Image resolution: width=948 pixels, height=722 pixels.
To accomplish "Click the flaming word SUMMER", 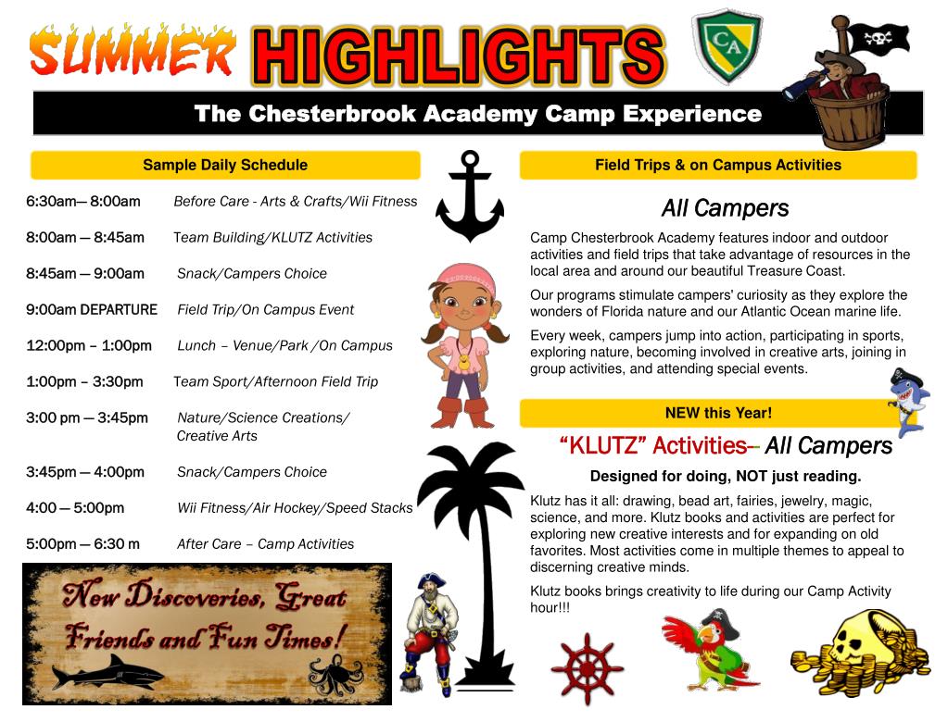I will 132,52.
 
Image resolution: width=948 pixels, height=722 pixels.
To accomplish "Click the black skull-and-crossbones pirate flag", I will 878,38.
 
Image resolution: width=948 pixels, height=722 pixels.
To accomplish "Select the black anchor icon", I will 469,196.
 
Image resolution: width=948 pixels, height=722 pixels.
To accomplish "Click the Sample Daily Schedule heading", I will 225,166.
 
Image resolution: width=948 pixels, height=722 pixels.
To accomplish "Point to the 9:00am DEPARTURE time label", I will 92,309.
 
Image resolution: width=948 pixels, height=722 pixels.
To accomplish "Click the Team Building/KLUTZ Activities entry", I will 273,238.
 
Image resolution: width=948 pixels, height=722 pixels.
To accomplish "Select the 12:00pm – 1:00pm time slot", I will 89,345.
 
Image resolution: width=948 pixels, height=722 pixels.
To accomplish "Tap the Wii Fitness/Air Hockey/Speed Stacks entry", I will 295,508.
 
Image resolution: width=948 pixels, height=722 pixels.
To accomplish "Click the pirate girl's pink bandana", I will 461,276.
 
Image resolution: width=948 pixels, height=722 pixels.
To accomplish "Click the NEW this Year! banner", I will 718,413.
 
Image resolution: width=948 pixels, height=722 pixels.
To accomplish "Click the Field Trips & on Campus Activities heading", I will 718,166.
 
